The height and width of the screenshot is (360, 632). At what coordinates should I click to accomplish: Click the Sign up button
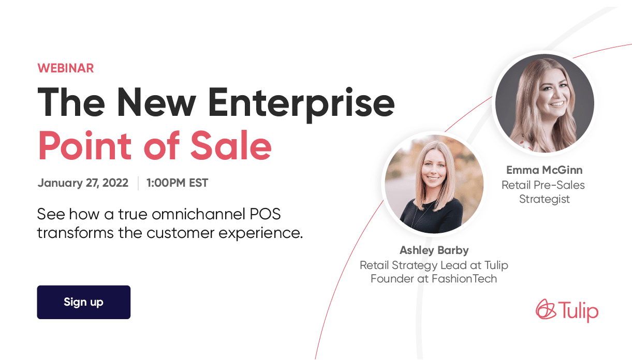[x=83, y=302]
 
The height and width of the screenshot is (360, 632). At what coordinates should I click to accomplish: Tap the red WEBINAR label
[x=65, y=68]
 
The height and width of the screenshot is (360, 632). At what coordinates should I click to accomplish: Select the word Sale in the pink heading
[x=231, y=145]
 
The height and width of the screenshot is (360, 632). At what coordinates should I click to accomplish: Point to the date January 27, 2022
[x=83, y=183]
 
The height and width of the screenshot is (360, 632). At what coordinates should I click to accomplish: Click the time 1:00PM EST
[x=177, y=183]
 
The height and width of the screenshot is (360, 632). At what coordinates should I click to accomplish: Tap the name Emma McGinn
[x=544, y=170]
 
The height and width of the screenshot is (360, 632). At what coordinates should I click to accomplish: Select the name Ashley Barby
[x=434, y=250]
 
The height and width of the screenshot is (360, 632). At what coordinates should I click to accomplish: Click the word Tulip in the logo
[x=578, y=311]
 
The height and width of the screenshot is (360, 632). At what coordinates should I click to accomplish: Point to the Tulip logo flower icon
[x=546, y=309]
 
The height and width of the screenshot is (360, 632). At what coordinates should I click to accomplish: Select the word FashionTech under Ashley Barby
[x=464, y=279]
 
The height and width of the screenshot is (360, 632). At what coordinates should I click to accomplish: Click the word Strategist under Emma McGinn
[x=544, y=199]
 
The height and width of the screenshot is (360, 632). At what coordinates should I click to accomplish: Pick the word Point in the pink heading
[x=85, y=145]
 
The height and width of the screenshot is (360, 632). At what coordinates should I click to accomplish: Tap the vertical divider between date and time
[x=138, y=183]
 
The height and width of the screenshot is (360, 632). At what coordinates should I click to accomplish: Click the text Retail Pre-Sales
[x=543, y=185]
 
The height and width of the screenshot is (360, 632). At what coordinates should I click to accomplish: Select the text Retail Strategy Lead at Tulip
[x=434, y=265]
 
